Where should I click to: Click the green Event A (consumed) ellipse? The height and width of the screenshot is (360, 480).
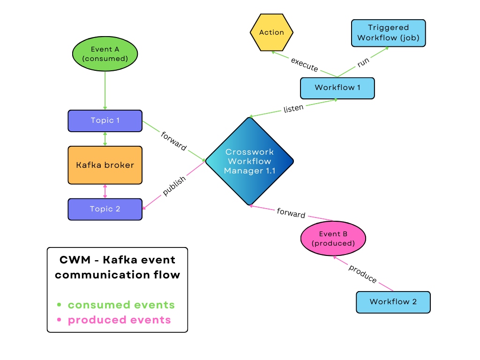tap(105, 54)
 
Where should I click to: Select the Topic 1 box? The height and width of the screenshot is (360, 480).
tap(105, 120)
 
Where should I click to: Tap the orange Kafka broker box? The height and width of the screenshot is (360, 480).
tap(105, 165)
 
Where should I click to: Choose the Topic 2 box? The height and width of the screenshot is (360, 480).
tap(105, 209)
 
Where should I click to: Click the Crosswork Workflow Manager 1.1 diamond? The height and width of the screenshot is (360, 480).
tap(249, 161)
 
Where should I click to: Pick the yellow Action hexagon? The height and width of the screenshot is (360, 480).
tap(271, 32)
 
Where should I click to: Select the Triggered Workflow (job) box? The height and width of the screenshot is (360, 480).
tap(388, 33)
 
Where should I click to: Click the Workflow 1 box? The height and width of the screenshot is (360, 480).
tap(337, 88)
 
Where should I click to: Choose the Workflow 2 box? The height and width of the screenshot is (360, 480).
tap(393, 302)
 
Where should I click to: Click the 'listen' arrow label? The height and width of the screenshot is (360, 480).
tap(293, 109)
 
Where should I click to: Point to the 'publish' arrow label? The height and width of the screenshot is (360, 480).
tap(174, 186)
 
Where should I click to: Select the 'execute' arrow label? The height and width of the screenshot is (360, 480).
tap(304, 65)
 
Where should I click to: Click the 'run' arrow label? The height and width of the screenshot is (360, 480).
tap(363, 62)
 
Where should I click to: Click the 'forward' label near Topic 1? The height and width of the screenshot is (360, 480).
tap(173, 141)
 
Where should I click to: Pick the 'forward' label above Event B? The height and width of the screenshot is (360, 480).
tap(291, 213)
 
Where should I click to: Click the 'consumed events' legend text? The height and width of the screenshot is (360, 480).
tap(121, 305)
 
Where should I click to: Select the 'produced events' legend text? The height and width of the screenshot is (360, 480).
tap(119, 320)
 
